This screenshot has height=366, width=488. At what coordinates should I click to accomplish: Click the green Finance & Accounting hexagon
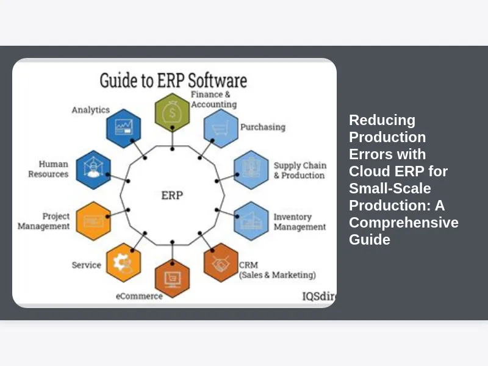(x=172, y=112)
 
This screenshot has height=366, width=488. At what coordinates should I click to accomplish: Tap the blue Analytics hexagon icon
(x=124, y=128)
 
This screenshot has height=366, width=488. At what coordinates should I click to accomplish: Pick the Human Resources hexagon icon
(x=93, y=170)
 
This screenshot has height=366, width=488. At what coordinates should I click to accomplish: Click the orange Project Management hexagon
(x=93, y=221)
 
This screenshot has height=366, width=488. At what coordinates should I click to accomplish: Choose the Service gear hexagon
(x=123, y=262)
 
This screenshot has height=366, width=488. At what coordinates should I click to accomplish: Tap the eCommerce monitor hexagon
(x=172, y=278)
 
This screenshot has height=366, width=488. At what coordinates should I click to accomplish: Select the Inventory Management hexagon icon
(x=251, y=221)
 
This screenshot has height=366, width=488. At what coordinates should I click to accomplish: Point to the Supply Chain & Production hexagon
(x=251, y=170)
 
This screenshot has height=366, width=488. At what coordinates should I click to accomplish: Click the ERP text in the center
(x=172, y=196)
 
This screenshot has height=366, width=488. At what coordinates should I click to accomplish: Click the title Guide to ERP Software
(x=173, y=81)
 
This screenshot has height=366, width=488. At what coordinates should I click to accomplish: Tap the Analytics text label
(x=90, y=110)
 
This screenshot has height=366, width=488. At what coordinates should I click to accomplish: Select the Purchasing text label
(x=262, y=127)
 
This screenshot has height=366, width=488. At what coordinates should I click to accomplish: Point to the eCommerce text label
(x=139, y=296)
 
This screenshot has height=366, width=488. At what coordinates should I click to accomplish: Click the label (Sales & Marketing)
(x=278, y=275)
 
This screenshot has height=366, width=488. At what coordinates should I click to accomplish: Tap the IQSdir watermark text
(x=319, y=296)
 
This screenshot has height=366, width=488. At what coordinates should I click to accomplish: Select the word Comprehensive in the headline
(x=404, y=222)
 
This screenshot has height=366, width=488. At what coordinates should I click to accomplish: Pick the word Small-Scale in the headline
(x=390, y=188)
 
